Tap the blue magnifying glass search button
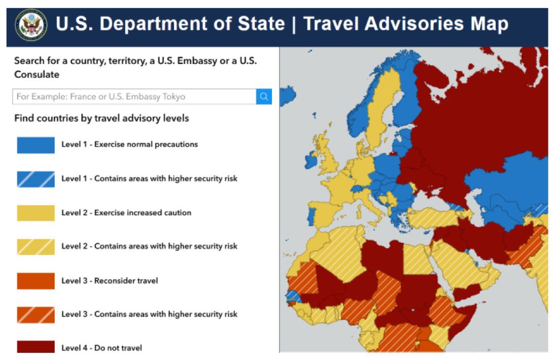tap(264, 96)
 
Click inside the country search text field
tap(134, 96)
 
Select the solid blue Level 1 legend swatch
tap(36, 145)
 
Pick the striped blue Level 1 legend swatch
tap(36, 179)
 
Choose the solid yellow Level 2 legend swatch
tap(36, 213)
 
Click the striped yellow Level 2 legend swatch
tap(36, 247)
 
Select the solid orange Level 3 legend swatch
tap(36, 281)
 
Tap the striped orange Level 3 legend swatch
tap(36, 315)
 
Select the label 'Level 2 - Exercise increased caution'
tap(126, 213)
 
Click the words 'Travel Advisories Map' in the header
tap(406, 24)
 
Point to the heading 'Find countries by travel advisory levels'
tap(101, 118)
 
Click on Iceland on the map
tap(288, 95)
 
